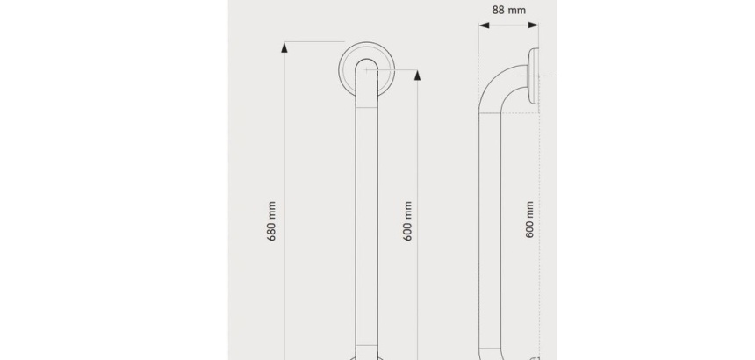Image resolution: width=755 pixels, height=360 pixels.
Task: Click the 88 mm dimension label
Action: tap(508, 10)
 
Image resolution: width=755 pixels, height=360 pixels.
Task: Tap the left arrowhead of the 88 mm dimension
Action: tap(484, 25)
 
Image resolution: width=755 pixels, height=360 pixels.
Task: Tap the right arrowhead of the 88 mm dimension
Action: tap(534, 25)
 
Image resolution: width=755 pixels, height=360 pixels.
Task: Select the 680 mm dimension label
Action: tap(271, 221)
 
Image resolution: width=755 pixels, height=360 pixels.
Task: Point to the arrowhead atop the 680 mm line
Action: tap(284, 47)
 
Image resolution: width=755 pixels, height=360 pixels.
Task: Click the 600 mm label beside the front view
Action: tap(408, 221)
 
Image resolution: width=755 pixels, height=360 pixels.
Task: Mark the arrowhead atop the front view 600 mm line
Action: tap(418, 76)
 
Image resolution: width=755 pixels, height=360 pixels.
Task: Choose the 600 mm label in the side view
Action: tap(529, 220)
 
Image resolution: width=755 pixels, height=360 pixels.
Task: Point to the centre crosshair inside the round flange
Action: tap(366, 69)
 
